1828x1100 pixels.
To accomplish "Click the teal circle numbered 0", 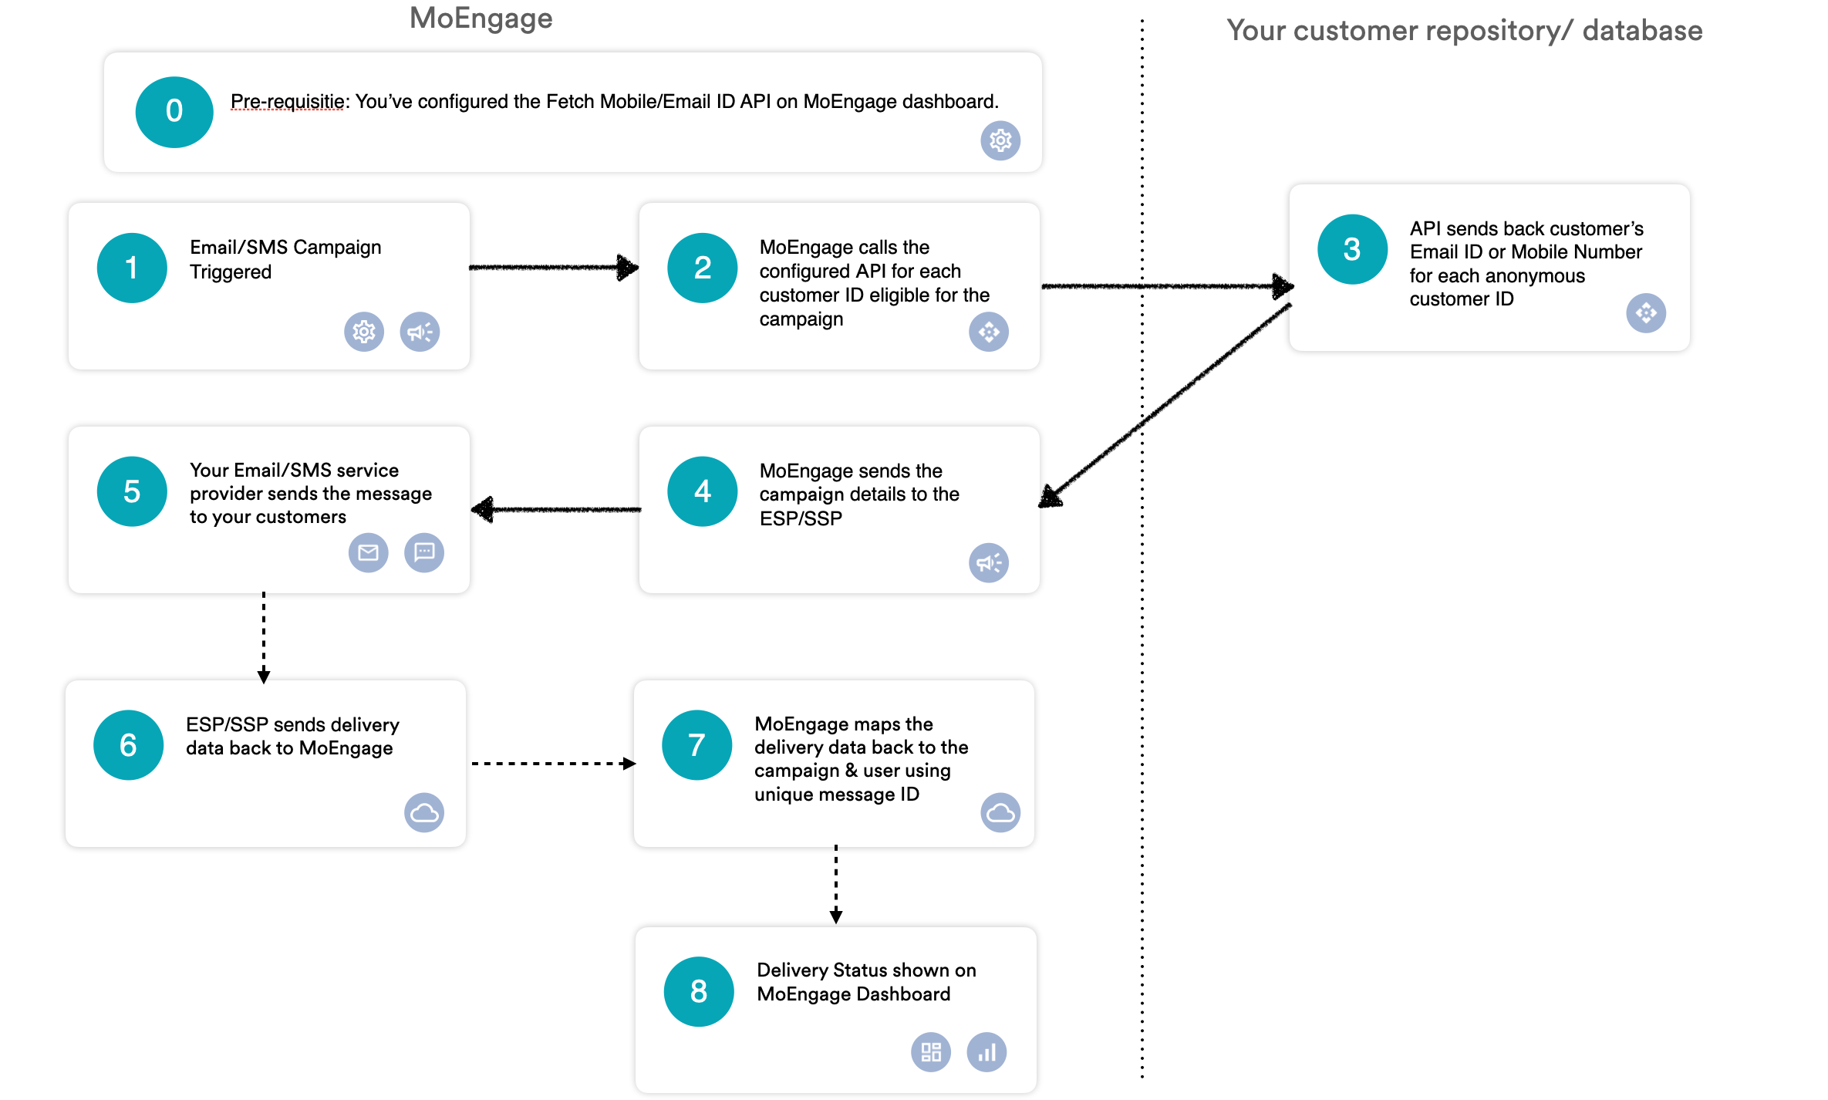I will pyautogui.click(x=174, y=112).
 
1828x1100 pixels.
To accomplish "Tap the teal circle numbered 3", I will pyautogui.click(x=1351, y=249).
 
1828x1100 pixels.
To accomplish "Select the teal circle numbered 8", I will pyautogui.click(x=698, y=991).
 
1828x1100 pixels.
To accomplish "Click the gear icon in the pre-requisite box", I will pyautogui.click(x=1000, y=140).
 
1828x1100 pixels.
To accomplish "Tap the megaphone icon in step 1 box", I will pyautogui.click(x=420, y=332).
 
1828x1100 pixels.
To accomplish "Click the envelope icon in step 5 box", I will pyautogui.click(x=368, y=552).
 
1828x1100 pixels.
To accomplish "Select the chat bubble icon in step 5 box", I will pyautogui.click(x=424, y=552).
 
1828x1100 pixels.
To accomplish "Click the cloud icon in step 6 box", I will pyautogui.click(x=424, y=812).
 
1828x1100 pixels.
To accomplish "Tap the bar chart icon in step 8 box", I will pyautogui.click(x=987, y=1052).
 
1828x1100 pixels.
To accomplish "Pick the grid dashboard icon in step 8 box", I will pyautogui.click(x=931, y=1052).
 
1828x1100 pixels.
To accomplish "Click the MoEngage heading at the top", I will pyautogui.click(x=481, y=19).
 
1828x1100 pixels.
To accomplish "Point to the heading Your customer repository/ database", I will pyautogui.click(x=1464, y=31).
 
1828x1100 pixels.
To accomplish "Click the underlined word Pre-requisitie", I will pyautogui.click(x=287, y=102).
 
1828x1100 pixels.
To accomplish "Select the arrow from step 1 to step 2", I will pyautogui.click(x=553, y=268).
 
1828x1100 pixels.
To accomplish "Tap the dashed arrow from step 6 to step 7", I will pyautogui.click(x=551, y=764).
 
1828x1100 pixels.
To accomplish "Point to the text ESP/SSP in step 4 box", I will pyautogui.click(x=801, y=518).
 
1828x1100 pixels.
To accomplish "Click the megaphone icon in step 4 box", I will pyautogui.click(x=989, y=562).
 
